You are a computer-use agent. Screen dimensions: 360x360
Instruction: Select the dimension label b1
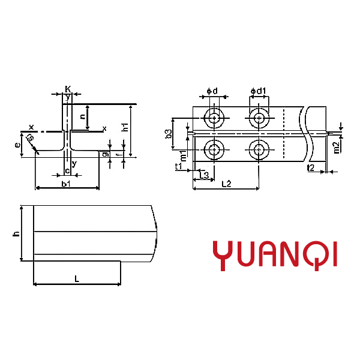[67, 182]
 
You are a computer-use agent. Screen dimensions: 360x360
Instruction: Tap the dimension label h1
[125, 127]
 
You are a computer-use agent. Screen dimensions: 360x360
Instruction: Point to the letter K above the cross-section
[68, 89]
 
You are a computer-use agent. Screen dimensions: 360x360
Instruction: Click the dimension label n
[82, 116]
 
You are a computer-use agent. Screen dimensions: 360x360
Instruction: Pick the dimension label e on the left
[19, 145]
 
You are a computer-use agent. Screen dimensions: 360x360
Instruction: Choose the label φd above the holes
[212, 91]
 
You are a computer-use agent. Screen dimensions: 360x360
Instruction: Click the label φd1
[259, 91]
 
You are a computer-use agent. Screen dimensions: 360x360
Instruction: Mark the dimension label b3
[169, 134]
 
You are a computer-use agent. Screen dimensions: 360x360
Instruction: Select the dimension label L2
[226, 184]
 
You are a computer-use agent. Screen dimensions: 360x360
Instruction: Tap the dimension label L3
[204, 175]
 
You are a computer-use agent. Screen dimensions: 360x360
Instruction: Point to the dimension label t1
[178, 166]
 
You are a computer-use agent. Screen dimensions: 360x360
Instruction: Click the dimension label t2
[310, 167]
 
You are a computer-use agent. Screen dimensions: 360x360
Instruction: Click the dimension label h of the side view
[16, 233]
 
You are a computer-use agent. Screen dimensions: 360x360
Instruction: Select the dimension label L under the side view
[76, 278]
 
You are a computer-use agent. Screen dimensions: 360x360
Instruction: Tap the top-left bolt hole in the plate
[213, 118]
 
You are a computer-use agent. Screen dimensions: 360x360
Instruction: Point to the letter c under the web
[67, 172]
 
